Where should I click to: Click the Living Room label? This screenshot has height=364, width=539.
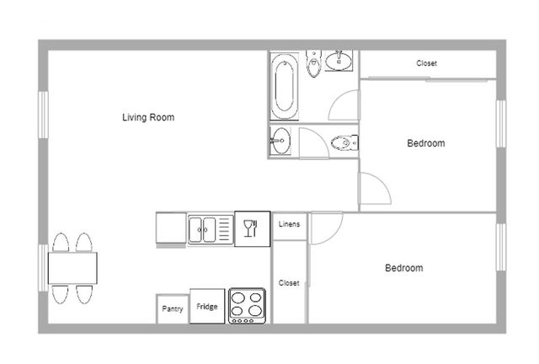[148, 117]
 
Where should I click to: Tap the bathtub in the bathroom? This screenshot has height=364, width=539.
[285, 86]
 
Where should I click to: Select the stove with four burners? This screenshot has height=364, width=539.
[247, 306]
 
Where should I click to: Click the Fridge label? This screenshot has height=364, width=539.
[207, 306]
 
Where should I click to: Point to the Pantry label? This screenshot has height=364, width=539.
[173, 308]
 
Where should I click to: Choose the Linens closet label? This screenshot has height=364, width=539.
[289, 224]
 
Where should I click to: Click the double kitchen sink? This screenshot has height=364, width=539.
[211, 229]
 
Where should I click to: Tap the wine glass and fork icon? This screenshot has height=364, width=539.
[251, 228]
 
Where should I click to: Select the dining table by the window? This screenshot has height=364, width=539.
[72, 268]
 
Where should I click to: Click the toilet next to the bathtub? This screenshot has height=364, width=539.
[313, 63]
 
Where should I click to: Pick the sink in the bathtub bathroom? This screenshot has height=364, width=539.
[339, 61]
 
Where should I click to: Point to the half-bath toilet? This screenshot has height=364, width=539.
[344, 142]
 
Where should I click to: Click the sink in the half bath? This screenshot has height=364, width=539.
[280, 141]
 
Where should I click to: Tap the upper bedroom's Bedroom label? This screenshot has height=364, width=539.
[426, 143]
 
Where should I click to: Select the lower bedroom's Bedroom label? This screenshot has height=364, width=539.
[404, 268]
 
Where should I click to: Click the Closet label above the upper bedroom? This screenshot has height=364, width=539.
[427, 63]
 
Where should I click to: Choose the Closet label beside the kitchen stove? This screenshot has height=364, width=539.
[289, 283]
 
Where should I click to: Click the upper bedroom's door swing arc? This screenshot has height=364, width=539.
[382, 181]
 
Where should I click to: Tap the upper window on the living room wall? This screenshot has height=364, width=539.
[43, 115]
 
